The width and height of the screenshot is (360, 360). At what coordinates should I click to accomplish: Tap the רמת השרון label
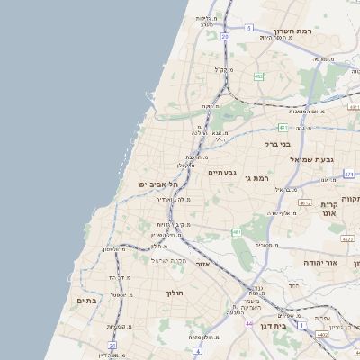click(294, 31)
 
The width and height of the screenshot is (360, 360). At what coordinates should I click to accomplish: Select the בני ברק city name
click(277, 144)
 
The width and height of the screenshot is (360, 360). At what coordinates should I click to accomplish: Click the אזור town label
click(202, 264)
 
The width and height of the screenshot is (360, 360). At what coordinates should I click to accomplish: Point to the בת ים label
click(86, 301)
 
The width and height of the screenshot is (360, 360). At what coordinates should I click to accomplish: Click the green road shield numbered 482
click(259, 76)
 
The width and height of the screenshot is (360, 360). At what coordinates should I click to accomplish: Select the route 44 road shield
click(249, 324)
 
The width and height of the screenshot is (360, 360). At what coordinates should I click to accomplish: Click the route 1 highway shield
click(302, 323)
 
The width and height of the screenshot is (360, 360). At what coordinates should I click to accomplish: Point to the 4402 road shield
click(320, 334)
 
